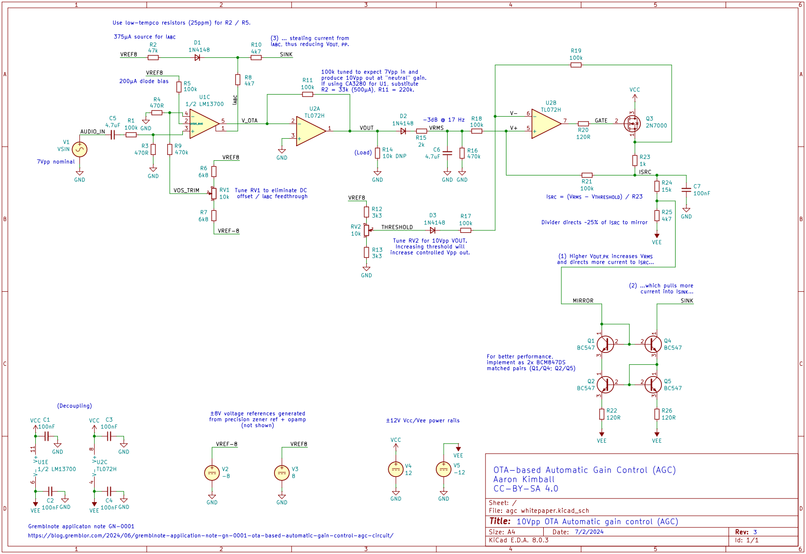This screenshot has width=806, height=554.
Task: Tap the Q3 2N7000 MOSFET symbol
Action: pyautogui.click(x=632, y=124)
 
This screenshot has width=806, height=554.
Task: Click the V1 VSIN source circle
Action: pyautogui.click(x=79, y=150)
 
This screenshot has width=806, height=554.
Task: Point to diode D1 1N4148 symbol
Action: pyautogui.click(x=197, y=57)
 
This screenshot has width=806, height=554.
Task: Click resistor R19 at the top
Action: pyautogui.click(x=576, y=65)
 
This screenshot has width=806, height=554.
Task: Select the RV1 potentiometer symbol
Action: pyautogui.click(x=214, y=193)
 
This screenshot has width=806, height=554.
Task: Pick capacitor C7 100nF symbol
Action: pyautogui.click(x=686, y=190)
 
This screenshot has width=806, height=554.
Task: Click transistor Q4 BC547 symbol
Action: pyautogui.click(x=653, y=344)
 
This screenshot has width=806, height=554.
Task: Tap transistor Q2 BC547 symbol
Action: pyautogui.click(x=605, y=384)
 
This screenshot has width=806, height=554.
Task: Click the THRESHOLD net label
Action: pyautogui.click(x=397, y=227)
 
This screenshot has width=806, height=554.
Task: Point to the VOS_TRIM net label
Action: pyautogui.click(x=186, y=191)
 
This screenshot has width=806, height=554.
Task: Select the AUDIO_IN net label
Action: pyautogui.click(x=93, y=132)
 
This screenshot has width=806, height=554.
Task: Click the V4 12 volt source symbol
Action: pyautogui.click(x=396, y=470)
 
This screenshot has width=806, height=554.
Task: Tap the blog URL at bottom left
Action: pyautogui.click(x=210, y=535)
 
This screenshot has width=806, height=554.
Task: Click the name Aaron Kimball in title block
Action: pyautogui.click(x=524, y=479)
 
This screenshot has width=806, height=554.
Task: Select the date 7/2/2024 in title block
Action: pyautogui.click(x=589, y=532)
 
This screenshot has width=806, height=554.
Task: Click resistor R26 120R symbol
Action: pyautogui.click(x=657, y=414)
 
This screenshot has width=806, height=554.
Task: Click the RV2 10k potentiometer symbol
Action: pyautogui.click(x=366, y=230)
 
